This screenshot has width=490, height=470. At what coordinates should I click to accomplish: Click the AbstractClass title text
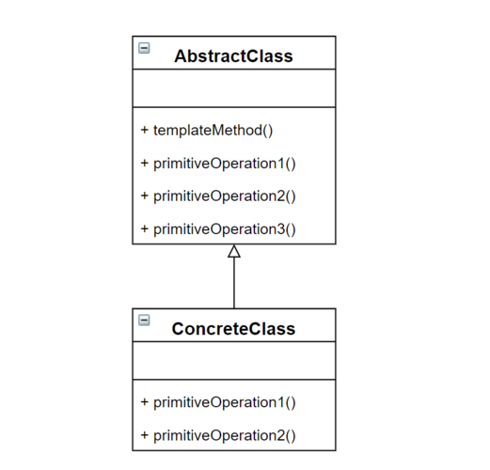(x=233, y=56)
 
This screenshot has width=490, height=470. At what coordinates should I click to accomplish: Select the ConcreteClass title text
(x=233, y=329)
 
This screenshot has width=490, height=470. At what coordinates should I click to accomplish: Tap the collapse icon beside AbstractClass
(x=144, y=48)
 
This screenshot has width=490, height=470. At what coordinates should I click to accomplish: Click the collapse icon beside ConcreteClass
(x=144, y=321)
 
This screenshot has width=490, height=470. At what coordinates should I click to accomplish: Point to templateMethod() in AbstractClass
(x=213, y=131)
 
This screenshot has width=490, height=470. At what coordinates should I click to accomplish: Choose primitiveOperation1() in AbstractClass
(x=225, y=164)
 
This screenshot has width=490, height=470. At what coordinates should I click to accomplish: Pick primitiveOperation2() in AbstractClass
(x=225, y=196)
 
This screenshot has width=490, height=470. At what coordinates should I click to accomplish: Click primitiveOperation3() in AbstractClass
(x=225, y=229)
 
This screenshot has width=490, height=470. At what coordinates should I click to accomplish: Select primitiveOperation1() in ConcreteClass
(x=225, y=402)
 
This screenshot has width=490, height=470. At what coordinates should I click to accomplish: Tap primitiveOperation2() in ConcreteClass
(x=225, y=436)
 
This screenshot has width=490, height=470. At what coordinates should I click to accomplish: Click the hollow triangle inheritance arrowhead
(x=234, y=251)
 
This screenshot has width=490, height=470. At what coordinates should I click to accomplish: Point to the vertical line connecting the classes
(x=234, y=283)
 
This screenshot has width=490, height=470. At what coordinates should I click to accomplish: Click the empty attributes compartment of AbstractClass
(x=234, y=88)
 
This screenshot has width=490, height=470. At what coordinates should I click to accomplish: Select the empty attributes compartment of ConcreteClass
(x=234, y=361)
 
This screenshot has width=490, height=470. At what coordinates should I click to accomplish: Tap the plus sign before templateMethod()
(x=145, y=130)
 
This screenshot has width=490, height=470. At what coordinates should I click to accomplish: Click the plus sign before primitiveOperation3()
(x=145, y=228)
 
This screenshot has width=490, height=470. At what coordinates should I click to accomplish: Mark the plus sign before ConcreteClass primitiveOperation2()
(x=145, y=435)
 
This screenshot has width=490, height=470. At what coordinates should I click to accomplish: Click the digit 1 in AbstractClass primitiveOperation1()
(x=281, y=164)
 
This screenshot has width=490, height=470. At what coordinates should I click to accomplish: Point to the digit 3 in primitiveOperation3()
(x=281, y=229)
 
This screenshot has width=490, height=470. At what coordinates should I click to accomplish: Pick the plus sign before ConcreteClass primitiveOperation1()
(x=145, y=401)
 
